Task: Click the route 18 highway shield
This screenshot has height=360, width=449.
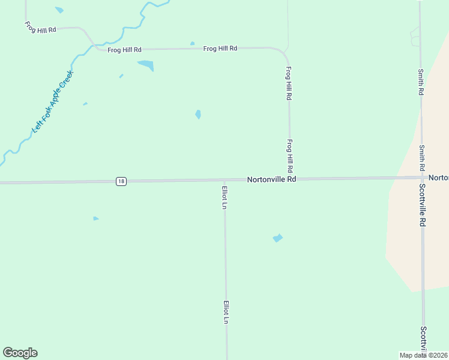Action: click(x=121, y=181)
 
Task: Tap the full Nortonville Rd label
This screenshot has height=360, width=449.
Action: click(x=272, y=179)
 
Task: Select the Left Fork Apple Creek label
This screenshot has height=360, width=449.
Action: click(x=52, y=101)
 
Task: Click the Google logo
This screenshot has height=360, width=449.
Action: click(x=20, y=353)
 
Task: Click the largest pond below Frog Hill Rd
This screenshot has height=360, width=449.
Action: click(x=146, y=65)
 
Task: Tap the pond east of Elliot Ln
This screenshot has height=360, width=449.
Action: click(x=277, y=238)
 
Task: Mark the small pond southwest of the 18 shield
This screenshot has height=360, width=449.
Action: click(x=95, y=218)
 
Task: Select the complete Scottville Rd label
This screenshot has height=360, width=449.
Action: click(x=423, y=204)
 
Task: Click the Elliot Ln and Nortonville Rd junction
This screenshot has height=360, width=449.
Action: click(x=224, y=180)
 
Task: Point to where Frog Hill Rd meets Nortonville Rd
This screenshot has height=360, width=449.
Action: click(x=290, y=179)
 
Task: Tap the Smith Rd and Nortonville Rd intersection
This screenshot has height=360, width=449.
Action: click(x=421, y=177)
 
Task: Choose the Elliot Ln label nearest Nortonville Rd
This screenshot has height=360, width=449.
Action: click(x=224, y=197)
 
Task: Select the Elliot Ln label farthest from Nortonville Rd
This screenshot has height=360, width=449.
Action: click(x=226, y=313)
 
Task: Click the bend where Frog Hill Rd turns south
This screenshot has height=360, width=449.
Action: click(x=284, y=53)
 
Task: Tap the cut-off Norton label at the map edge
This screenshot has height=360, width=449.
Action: click(x=439, y=178)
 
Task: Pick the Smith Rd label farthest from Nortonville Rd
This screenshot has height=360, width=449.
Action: click(x=421, y=82)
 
